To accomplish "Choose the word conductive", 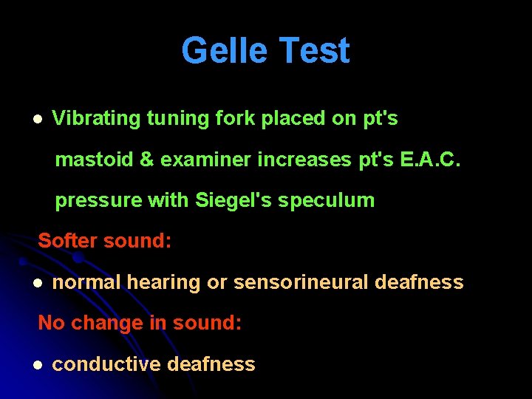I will tap(106, 364).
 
